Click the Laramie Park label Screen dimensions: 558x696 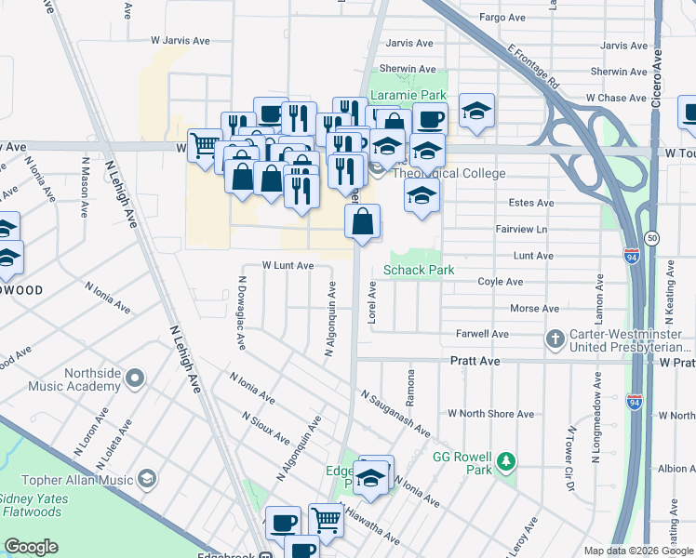point(408,95)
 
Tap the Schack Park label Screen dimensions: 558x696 point(419,270)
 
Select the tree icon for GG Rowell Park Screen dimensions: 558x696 point(505,461)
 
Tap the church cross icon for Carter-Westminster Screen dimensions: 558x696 point(555,339)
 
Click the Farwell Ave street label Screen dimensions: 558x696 point(482,333)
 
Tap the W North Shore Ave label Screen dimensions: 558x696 point(490,413)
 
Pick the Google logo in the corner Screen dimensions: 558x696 point(31,547)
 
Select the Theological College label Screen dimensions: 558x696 point(449,173)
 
